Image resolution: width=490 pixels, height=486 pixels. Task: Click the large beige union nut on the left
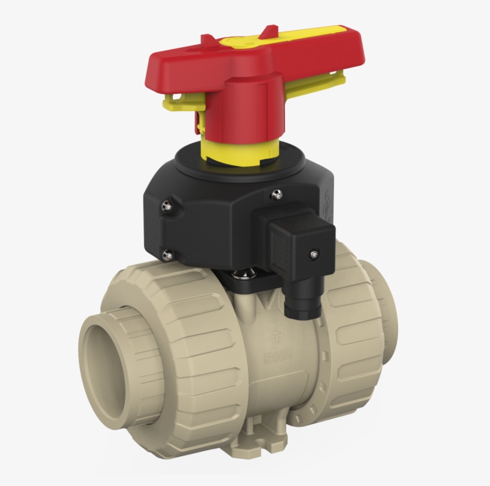coord(179,358)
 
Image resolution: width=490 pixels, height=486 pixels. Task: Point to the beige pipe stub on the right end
coord(383,310)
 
